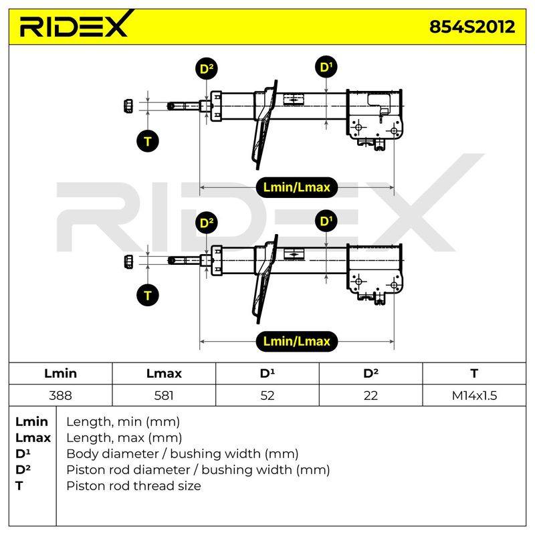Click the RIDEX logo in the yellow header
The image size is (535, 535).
click(x=77, y=24)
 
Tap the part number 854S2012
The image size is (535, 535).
click(x=472, y=27)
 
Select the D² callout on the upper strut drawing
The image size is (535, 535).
click(x=207, y=69)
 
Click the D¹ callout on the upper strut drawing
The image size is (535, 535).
click(x=326, y=67)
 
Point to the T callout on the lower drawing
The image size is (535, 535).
click(x=147, y=296)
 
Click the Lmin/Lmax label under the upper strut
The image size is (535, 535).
click(x=296, y=187)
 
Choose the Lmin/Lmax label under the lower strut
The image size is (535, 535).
click(x=296, y=341)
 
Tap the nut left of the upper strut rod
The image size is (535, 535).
click(x=128, y=106)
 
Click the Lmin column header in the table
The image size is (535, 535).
click(x=60, y=373)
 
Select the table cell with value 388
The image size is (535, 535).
click(x=60, y=395)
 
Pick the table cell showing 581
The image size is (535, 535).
click(x=164, y=395)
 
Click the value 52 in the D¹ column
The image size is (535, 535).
click(x=267, y=395)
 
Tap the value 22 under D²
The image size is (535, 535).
click(x=370, y=395)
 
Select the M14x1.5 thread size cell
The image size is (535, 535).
click(x=474, y=395)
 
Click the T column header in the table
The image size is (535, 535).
click(x=474, y=373)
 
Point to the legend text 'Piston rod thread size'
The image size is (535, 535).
click(x=134, y=486)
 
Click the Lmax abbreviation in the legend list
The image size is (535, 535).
click(x=33, y=437)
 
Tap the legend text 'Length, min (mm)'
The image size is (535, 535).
click(x=123, y=422)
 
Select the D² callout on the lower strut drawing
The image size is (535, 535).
click(x=207, y=223)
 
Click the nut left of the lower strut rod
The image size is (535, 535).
click(x=128, y=261)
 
